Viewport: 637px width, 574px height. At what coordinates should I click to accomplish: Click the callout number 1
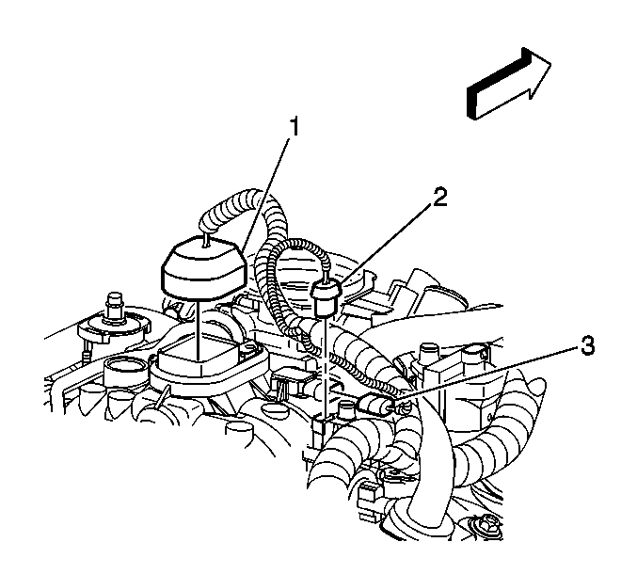pyautogui.click(x=294, y=126)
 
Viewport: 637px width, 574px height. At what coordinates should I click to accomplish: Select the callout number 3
pyautogui.click(x=587, y=345)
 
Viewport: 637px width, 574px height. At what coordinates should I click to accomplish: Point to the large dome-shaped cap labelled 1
pyautogui.click(x=204, y=266)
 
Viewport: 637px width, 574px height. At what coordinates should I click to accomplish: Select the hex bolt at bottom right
pyautogui.click(x=486, y=527)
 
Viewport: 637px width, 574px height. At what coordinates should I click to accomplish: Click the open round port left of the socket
pyautogui.click(x=125, y=371)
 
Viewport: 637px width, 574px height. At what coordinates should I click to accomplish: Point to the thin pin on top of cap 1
pyautogui.click(x=207, y=239)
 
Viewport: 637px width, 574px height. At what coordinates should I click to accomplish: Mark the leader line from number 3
pyautogui.click(x=486, y=375)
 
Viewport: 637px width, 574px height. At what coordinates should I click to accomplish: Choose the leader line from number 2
pyautogui.click(x=387, y=244)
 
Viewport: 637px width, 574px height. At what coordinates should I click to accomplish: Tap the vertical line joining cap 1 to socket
pyautogui.click(x=199, y=329)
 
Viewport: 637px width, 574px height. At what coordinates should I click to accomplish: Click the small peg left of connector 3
pyautogui.click(x=344, y=409)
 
